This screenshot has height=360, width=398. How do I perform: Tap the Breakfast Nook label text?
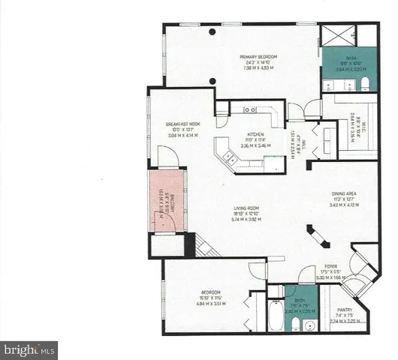[182, 123]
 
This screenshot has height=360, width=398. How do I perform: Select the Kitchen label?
[257, 136]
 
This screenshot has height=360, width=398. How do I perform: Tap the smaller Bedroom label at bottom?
[211, 293]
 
